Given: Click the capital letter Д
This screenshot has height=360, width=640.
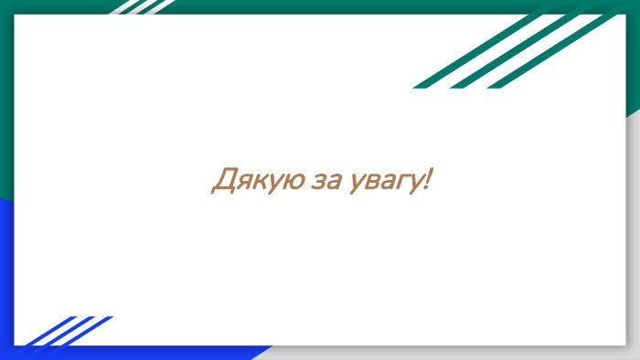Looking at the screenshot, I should [221, 180].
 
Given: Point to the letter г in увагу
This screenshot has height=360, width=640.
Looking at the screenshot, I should [403, 182].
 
